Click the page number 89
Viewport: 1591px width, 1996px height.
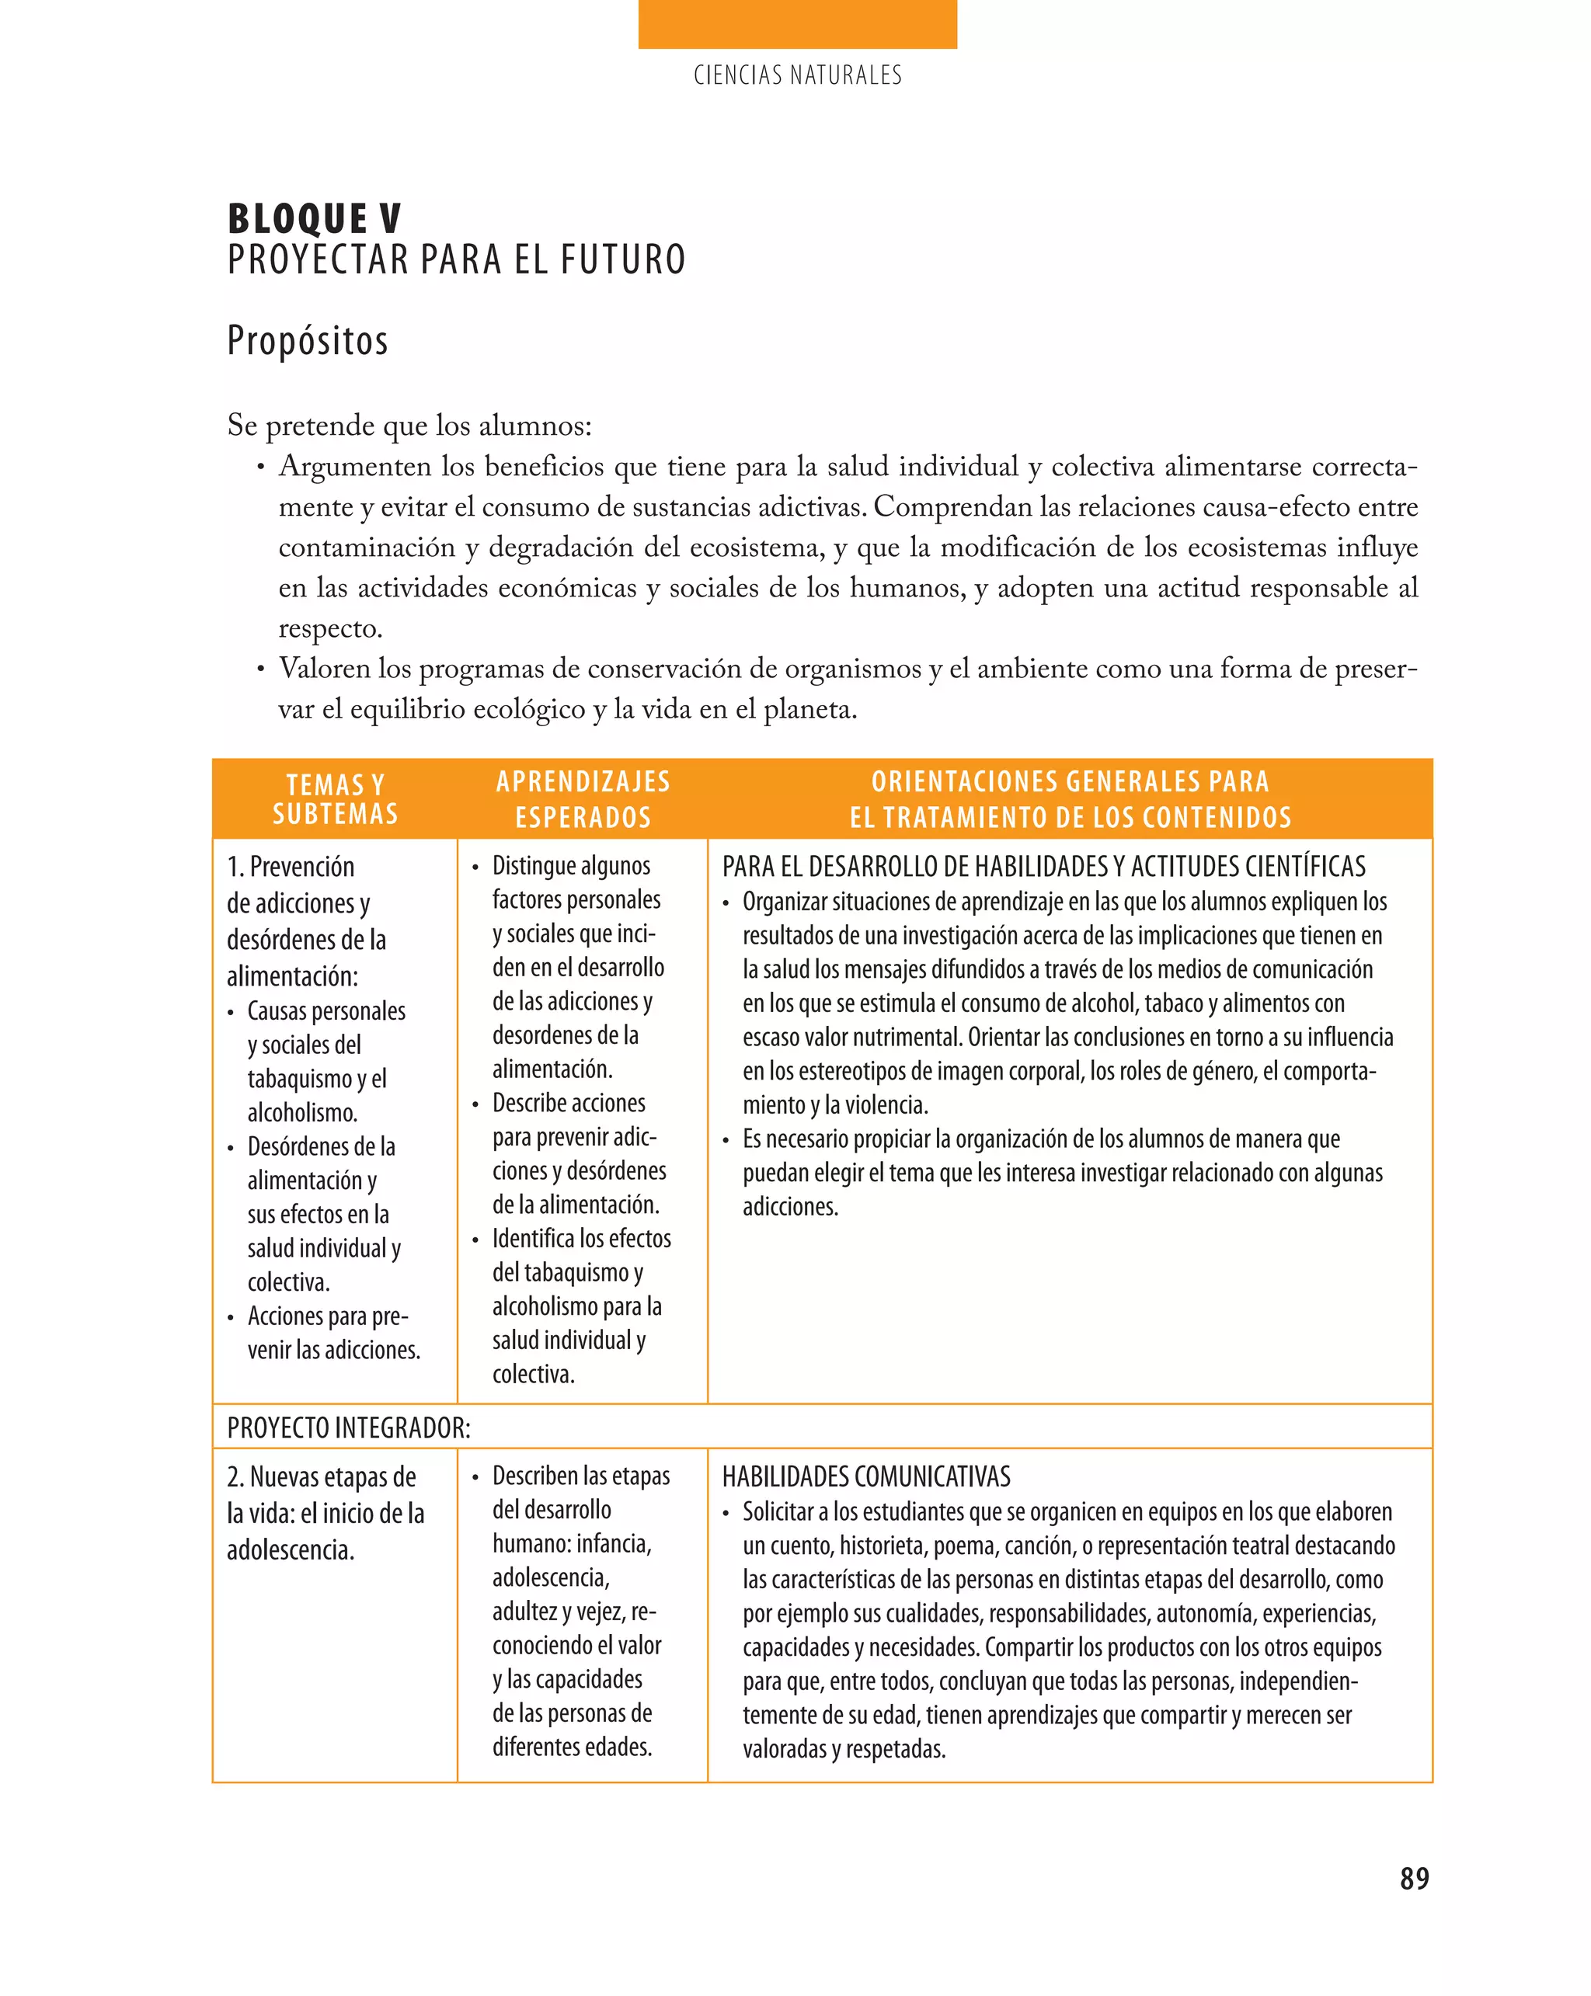coord(1413,1879)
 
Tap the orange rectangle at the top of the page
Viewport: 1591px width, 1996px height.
coord(796,24)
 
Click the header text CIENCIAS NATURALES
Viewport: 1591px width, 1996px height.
coord(796,75)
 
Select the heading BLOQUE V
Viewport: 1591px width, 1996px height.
coord(314,220)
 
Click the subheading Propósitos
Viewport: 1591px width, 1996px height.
coord(308,341)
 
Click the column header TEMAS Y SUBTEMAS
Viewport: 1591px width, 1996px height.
coord(336,799)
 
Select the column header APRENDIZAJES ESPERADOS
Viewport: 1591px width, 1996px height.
coord(583,799)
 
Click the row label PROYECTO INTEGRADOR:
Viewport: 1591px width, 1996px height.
coord(348,1427)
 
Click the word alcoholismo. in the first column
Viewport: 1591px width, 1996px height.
coord(302,1113)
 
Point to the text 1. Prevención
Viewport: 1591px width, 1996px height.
coord(290,867)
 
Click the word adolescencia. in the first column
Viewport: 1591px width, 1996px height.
coord(290,1549)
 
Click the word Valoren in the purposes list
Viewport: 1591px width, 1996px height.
coord(324,669)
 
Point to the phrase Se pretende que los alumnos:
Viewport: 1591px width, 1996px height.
coord(409,426)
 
